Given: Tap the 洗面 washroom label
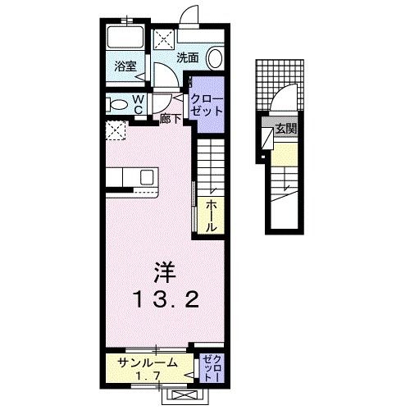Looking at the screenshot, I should pos(187,57).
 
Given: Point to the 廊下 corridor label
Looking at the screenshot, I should pos(171,116).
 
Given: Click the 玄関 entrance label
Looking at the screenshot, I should pos(285,129).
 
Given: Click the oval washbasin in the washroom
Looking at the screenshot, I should pos(214,57).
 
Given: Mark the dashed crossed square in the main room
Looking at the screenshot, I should pos(116,130).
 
